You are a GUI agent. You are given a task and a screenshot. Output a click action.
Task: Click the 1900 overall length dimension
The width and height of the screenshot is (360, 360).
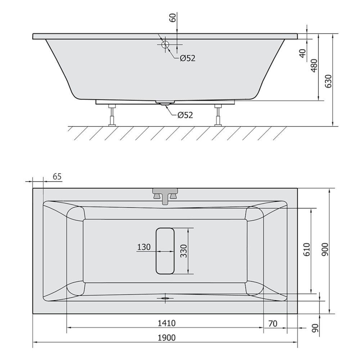pyautogui.click(x=167, y=338)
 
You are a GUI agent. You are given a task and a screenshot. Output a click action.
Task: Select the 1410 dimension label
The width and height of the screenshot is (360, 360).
pyautogui.click(x=167, y=323)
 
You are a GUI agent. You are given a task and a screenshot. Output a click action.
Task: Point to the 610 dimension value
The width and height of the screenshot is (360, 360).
pyautogui.click(x=306, y=249)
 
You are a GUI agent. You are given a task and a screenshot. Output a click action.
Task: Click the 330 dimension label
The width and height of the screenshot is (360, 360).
pyautogui.click(x=184, y=251)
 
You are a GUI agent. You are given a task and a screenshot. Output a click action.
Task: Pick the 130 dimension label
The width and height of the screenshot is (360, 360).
pyautogui.click(x=144, y=247)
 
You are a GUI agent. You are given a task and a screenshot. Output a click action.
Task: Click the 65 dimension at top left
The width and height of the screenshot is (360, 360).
pyautogui.click(x=57, y=176)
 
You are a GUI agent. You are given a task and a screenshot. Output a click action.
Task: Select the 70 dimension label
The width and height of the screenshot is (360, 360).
pyautogui.click(x=273, y=324)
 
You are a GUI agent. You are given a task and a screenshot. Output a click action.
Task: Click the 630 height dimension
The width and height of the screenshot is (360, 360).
pyautogui.click(x=328, y=81)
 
